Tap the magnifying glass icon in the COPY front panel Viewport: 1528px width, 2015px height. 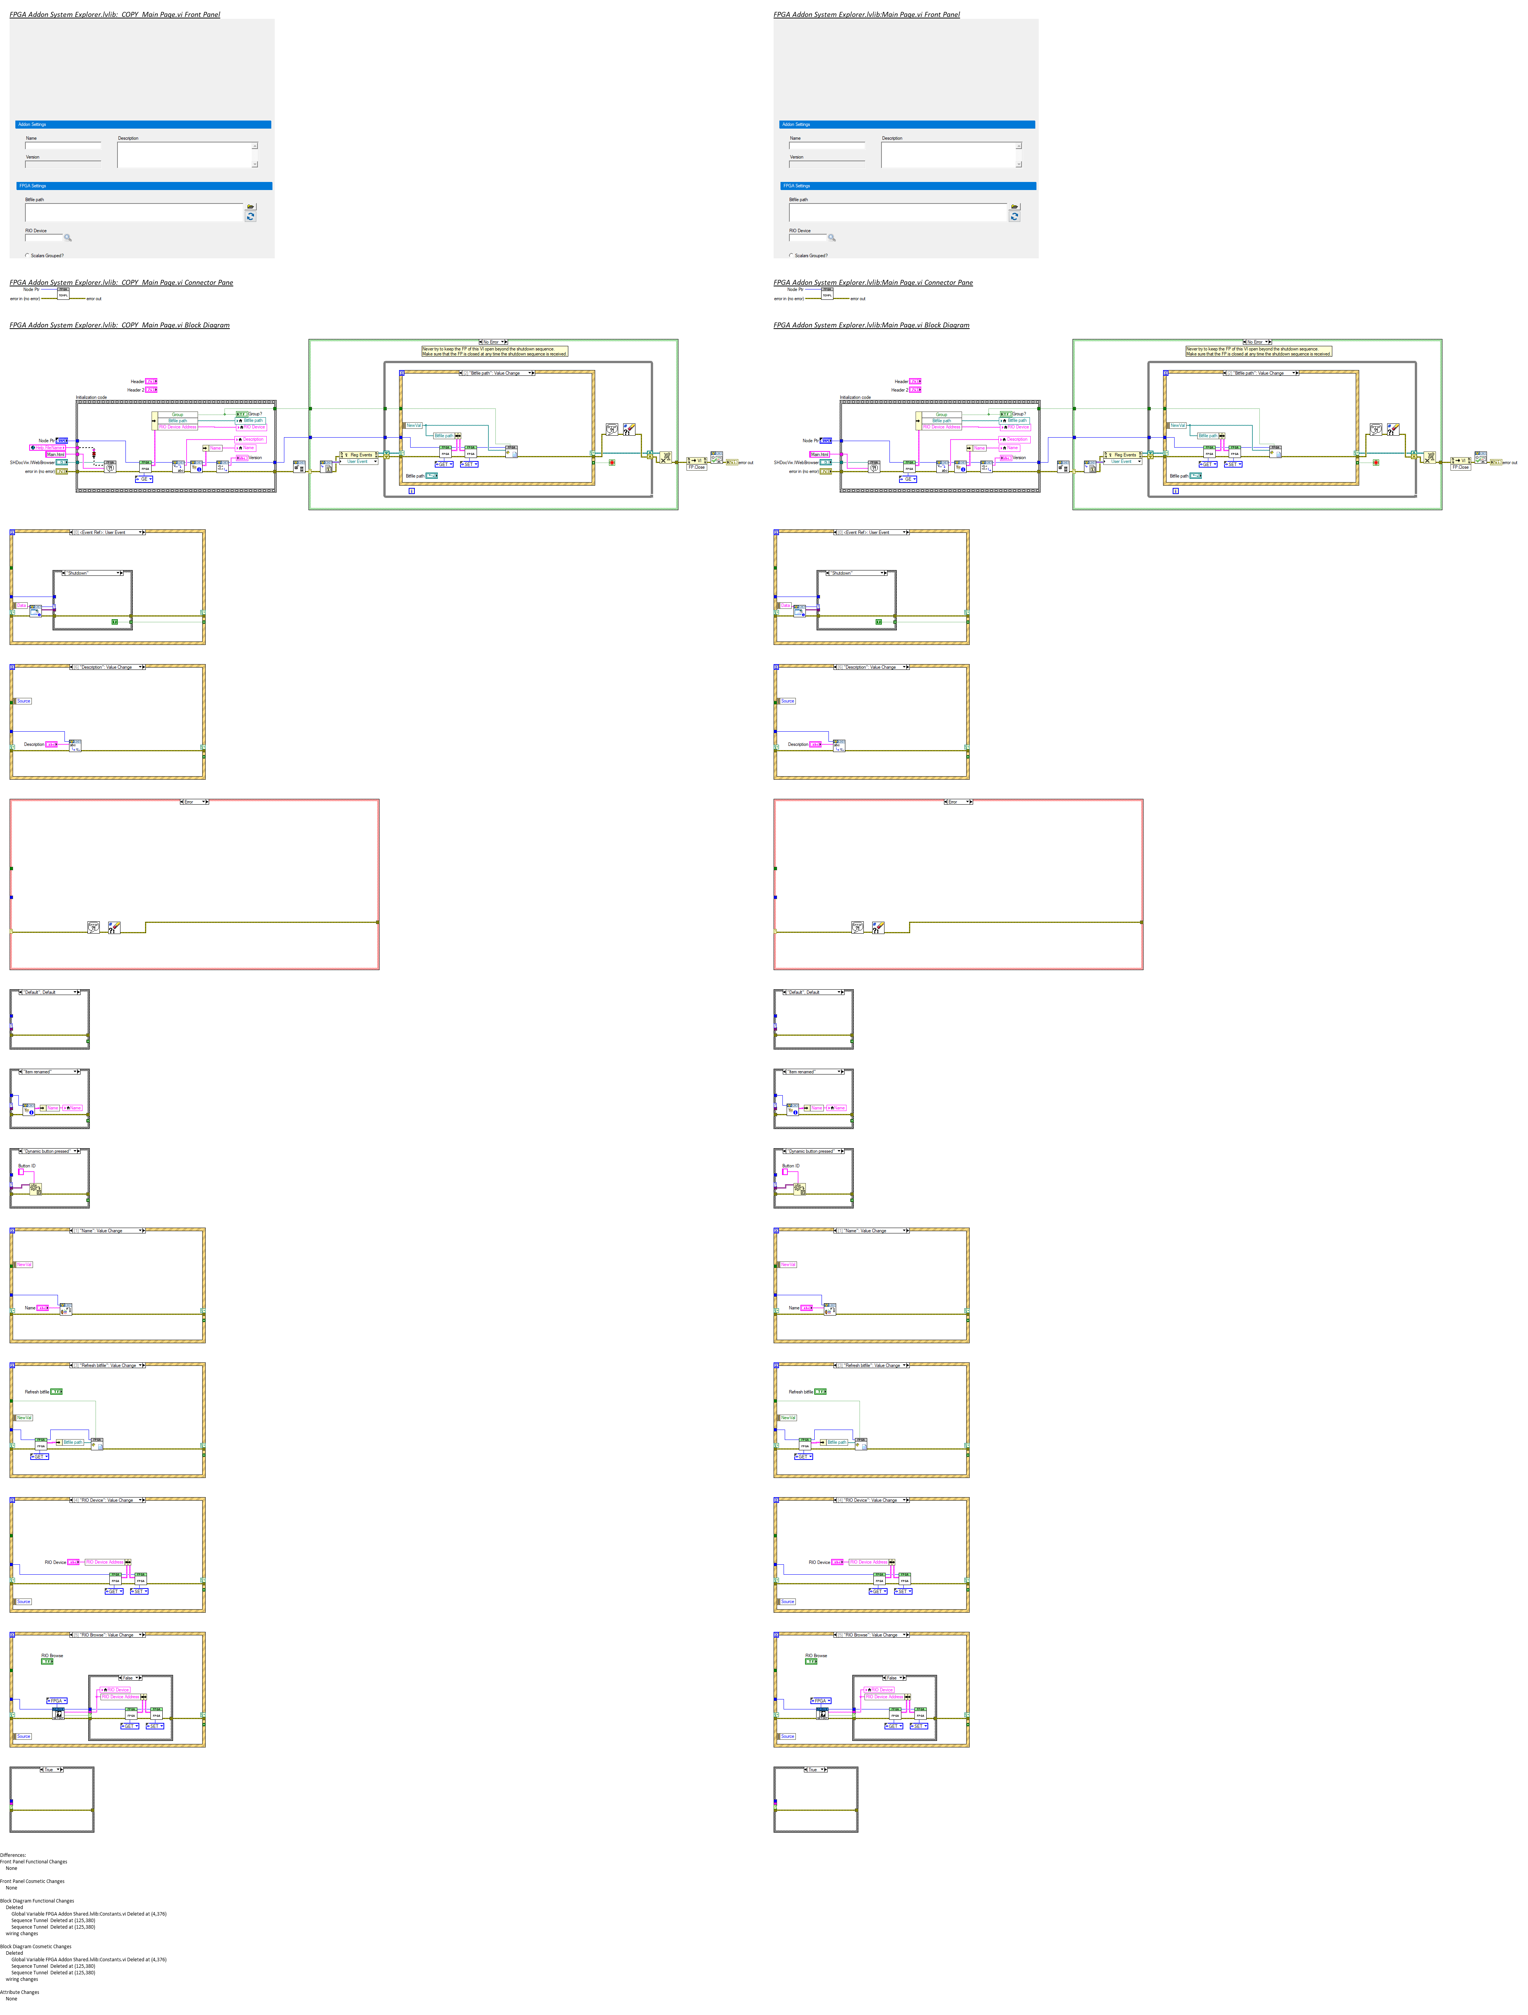[x=68, y=238]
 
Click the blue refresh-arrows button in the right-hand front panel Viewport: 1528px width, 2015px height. [x=1015, y=217]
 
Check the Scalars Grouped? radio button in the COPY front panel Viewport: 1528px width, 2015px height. [x=27, y=255]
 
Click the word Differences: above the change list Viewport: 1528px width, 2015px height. [x=13, y=1855]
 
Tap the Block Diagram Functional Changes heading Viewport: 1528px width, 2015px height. [x=36, y=1901]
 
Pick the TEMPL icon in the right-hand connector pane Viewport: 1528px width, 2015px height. [x=827, y=293]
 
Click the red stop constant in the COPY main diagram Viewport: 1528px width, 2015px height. [x=612, y=463]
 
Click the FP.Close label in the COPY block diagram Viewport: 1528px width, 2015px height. [x=696, y=467]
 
